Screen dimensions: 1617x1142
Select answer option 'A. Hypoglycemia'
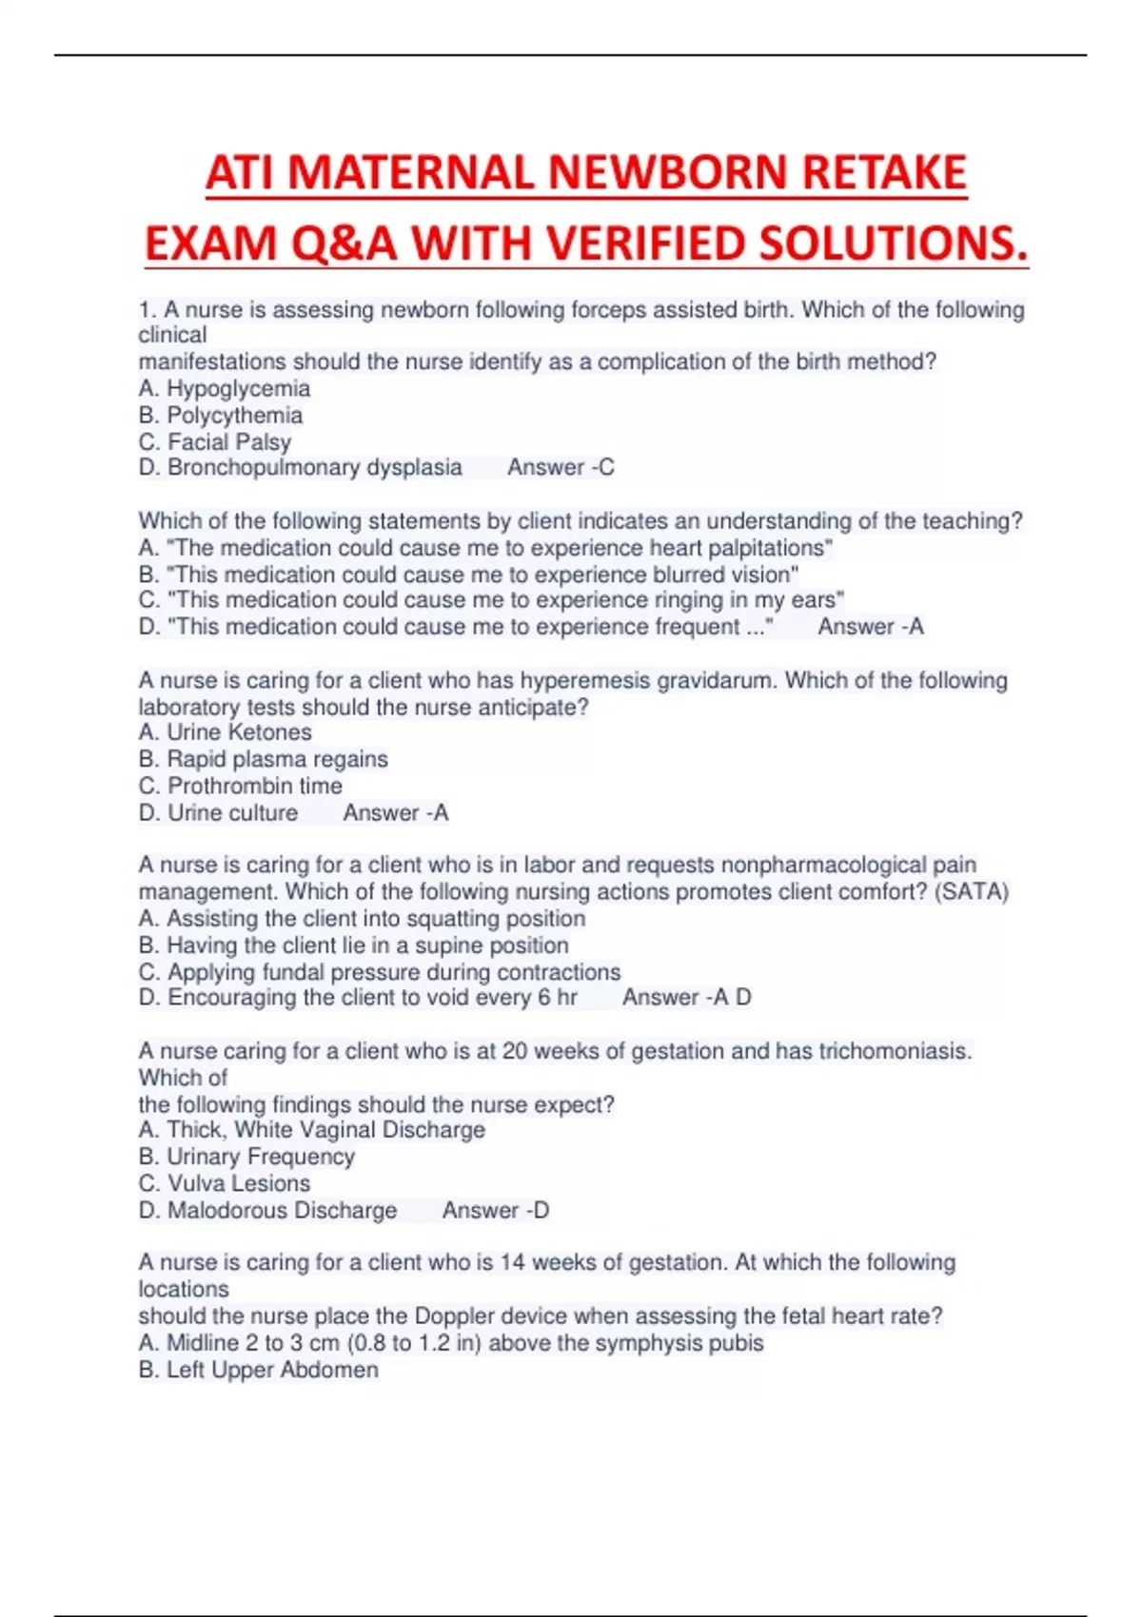click(225, 388)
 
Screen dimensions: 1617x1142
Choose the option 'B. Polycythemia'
click(221, 415)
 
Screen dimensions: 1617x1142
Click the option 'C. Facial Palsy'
click(215, 441)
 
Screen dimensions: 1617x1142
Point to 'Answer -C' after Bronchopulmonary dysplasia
click(561, 467)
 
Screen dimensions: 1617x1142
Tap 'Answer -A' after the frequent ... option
click(871, 627)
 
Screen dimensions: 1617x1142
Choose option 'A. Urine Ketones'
click(226, 732)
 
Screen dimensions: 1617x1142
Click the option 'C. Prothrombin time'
click(241, 786)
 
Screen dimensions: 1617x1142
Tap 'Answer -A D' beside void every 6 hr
click(686, 997)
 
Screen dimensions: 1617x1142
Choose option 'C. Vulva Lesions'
click(225, 1183)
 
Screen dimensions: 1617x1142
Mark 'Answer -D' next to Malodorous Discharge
click(495, 1210)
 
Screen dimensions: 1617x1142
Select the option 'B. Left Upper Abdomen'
click(259, 1370)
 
